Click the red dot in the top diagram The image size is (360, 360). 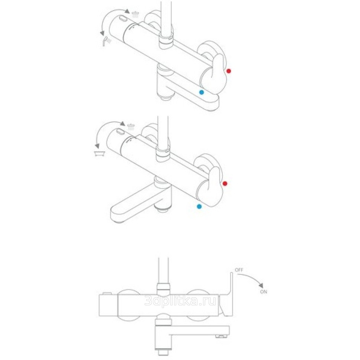(229, 71)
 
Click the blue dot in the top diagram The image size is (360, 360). (202, 92)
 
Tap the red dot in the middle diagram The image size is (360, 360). (225, 183)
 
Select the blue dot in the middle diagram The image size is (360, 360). (199, 206)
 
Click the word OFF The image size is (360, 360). (239, 270)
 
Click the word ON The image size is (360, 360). (264, 292)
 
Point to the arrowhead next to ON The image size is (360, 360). (261, 286)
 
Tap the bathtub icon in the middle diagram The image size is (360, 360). (99, 153)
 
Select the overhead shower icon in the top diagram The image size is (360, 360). (135, 14)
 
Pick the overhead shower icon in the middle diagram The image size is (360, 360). (131, 127)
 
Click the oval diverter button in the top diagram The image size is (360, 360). (122, 18)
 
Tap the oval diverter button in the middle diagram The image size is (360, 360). (120, 132)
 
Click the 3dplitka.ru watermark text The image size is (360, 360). (180, 301)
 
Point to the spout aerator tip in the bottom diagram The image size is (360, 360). (221, 337)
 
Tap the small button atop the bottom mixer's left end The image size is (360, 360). (107, 293)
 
